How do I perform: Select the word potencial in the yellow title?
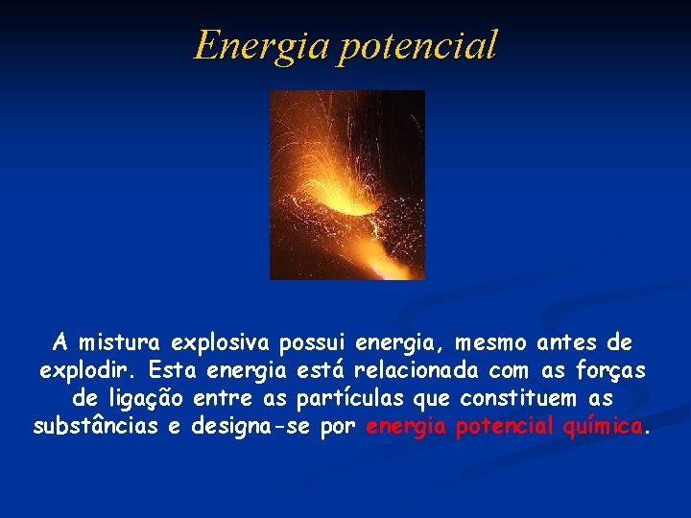[x=417, y=45]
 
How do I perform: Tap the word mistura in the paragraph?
[x=120, y=342]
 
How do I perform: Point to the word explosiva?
[x=220, y=342]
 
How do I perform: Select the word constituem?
[x=513, y=398]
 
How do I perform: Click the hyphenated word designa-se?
[x=251, y=426]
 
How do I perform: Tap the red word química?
[x=603, y=426]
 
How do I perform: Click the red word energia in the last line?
[x=406, y=426]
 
